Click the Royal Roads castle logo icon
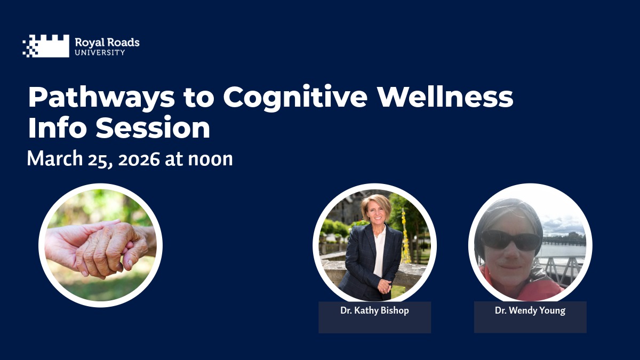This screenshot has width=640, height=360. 46,46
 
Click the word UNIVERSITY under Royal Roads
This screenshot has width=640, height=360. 100,53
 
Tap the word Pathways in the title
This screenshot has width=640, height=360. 101,98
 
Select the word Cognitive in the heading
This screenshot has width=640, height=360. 295,98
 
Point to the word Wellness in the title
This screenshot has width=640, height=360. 445,96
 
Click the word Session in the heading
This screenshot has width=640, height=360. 153,127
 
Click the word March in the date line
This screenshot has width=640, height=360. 55,158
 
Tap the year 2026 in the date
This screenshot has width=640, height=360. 139,159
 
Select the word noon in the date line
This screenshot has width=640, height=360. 210,159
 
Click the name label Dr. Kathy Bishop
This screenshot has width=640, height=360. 374,310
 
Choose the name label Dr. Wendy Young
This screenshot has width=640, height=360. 530,310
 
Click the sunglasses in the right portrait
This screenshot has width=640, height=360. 511,241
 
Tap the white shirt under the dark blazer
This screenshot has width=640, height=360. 380,251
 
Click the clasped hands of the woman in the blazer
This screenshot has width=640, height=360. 385,286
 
